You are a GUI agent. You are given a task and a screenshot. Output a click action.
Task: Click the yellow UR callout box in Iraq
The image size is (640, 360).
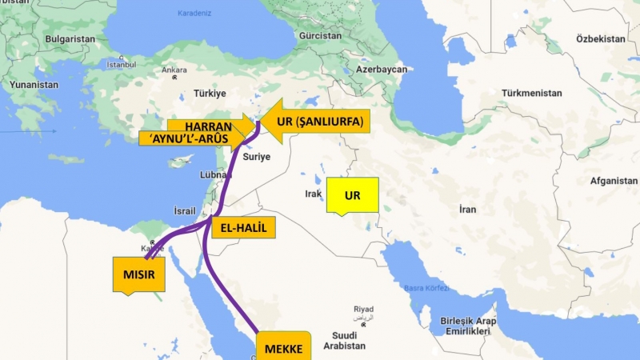353,195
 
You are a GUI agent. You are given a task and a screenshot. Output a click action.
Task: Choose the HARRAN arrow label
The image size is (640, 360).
210,126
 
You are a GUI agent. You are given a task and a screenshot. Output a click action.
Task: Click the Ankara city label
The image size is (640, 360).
174,70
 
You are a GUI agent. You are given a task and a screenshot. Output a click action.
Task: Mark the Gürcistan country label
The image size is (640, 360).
320,37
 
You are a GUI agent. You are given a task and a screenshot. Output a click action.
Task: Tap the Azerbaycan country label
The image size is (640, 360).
382,70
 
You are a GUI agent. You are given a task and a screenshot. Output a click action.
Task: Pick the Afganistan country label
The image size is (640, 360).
613,181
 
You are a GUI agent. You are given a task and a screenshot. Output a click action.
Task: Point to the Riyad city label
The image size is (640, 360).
364,309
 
